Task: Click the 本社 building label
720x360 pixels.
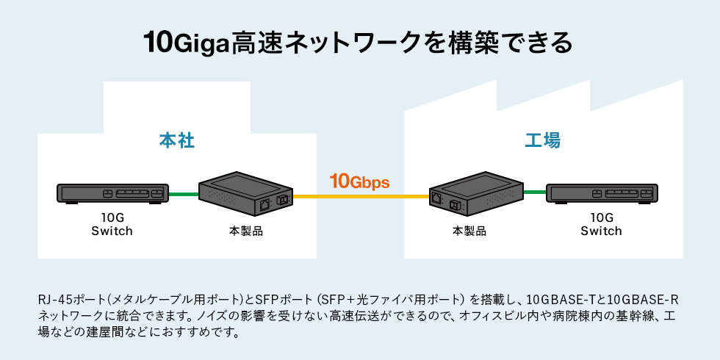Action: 176,140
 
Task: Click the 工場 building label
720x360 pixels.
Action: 543,140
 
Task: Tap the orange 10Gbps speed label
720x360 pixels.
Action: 359,181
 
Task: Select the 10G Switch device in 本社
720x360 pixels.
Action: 112,194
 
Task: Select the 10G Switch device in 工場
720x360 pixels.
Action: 605,194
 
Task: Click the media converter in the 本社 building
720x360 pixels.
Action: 246,192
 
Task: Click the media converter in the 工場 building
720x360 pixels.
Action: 475,192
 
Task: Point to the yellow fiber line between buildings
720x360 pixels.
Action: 360,197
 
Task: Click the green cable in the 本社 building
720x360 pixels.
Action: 184,195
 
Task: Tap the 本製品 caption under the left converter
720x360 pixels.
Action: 246,231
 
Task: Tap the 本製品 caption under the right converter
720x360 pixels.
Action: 469,231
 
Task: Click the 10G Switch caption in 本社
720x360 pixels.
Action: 112,224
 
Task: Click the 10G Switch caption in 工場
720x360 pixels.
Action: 601,224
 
